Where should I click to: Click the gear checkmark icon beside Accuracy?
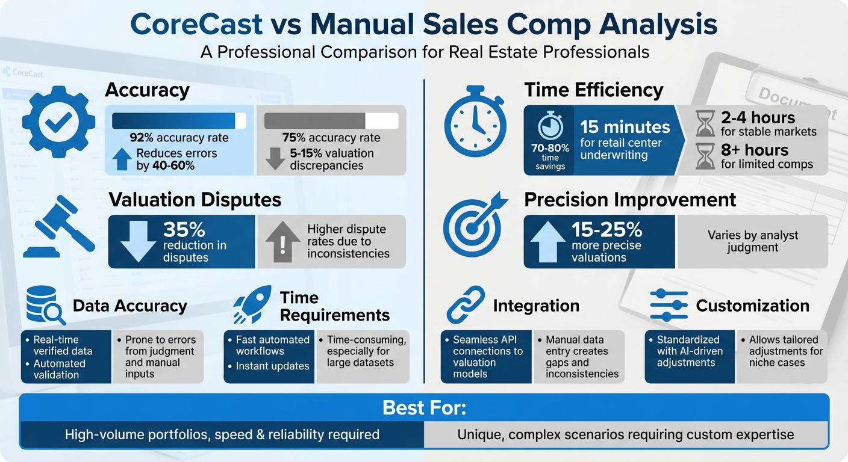[x=58, y=122]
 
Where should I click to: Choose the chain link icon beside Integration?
[x=465, y=305]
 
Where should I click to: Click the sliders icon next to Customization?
[x=669, y=306]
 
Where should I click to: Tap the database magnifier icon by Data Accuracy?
[x=46, y=306]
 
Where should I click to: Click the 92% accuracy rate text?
[x=179, y=138]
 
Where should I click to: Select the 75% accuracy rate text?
[x=331, y=138]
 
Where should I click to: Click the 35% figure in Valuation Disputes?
[x=184, y=230]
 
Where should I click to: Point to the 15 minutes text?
[x=625, y=127]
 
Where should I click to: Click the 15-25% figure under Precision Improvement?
[x=606, y=230]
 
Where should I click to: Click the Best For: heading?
[x=424, y=408]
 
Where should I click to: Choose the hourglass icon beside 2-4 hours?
[x=704, y=124]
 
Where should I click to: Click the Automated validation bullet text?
[x=59, y=369]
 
